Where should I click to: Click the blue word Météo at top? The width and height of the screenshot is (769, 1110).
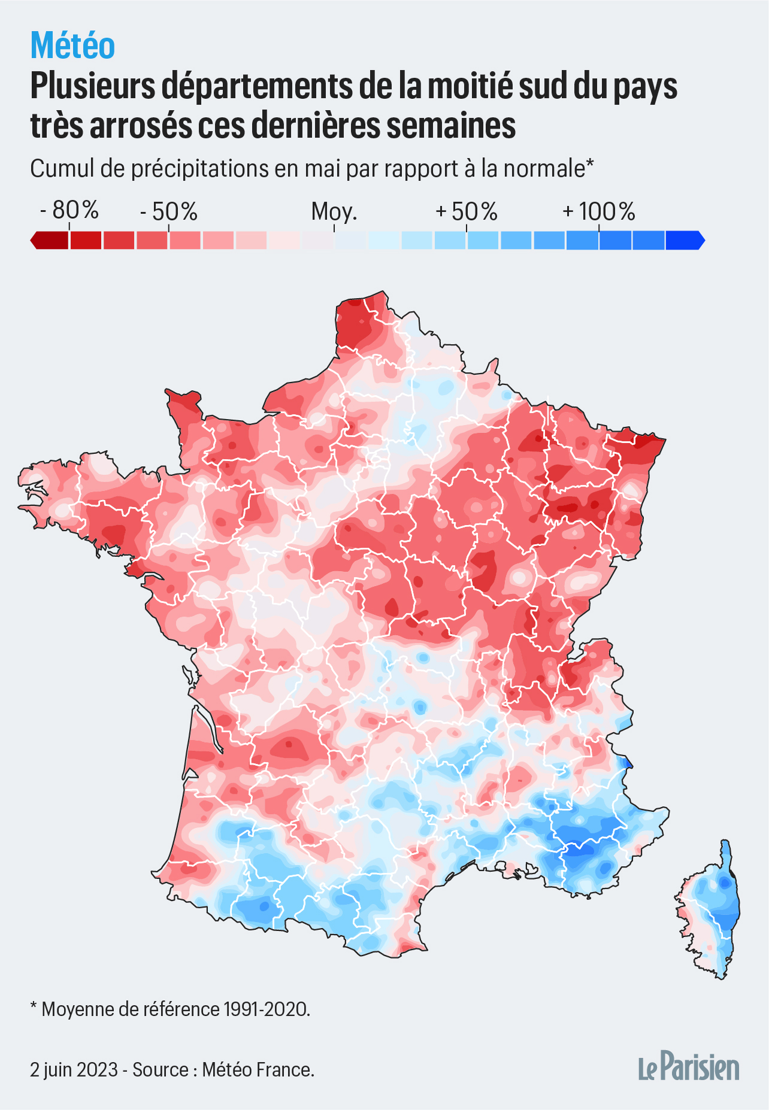(x=72, y=46)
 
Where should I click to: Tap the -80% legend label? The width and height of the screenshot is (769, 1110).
(x=69, y=210)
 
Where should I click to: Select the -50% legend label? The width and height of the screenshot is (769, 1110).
(x=168, y=211)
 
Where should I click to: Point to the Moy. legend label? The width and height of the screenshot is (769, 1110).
(x=334, y=211)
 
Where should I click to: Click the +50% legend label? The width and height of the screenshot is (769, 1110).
(x=467, y=211)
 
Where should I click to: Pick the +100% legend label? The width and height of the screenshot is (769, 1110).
(x=598, y=211)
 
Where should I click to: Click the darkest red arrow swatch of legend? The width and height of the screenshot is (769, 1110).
(x=49, y=240)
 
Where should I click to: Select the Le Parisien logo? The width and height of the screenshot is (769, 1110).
(x=689, y=1067)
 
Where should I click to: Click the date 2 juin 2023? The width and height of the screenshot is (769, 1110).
(x=74, y=1069)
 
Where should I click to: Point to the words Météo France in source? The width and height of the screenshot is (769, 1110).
(x=258, y=1069)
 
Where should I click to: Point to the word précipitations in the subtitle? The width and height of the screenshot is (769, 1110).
(x=200, y=169)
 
